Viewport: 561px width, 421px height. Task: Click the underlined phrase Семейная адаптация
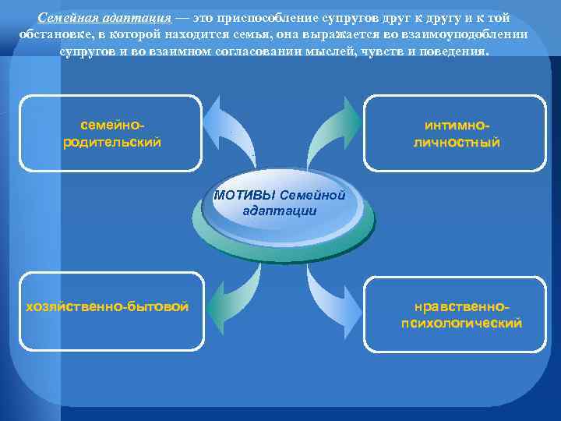pos(104,19)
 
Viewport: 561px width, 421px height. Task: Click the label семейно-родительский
pos(111,133)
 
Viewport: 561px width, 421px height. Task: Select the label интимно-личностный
pos(457,133)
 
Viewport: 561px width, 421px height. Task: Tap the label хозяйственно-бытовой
pos(108,306)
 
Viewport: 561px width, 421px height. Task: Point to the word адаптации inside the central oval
pos(279,210)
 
